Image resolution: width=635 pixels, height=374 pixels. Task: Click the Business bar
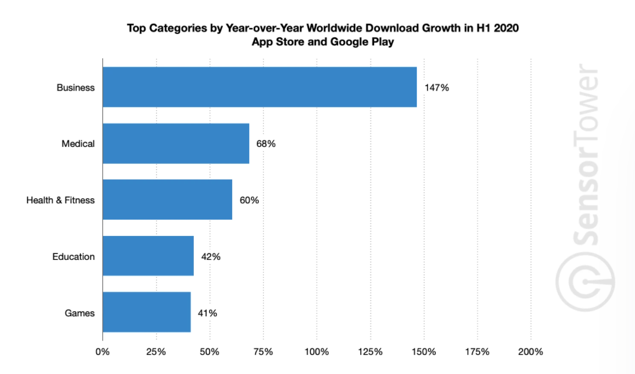[260, 87]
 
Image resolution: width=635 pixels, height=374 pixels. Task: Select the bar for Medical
[176, 143]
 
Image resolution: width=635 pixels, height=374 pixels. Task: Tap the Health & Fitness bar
[167, 200]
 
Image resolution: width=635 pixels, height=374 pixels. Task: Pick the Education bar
[148, 256]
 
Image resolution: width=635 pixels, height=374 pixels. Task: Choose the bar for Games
[147, 313]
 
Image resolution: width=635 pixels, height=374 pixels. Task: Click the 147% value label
[437, 87]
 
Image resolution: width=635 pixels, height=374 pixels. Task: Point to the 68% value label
[265, 144]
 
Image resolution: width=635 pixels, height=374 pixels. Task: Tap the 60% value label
[249, 200]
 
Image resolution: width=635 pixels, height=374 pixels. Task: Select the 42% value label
[210, 257]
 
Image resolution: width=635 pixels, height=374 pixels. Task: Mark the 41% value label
[207, 313]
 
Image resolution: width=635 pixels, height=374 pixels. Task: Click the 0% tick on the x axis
[102, 352]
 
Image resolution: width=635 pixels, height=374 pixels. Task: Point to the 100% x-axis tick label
[317, 352]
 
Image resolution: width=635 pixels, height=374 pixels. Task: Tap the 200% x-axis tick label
[530, 352]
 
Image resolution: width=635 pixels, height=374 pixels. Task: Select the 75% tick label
[263, 352]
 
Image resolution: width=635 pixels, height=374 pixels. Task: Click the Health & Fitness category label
[61, 200]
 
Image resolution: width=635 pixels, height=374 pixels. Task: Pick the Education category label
[73, 257]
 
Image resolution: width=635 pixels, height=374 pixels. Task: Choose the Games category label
[80, 313]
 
